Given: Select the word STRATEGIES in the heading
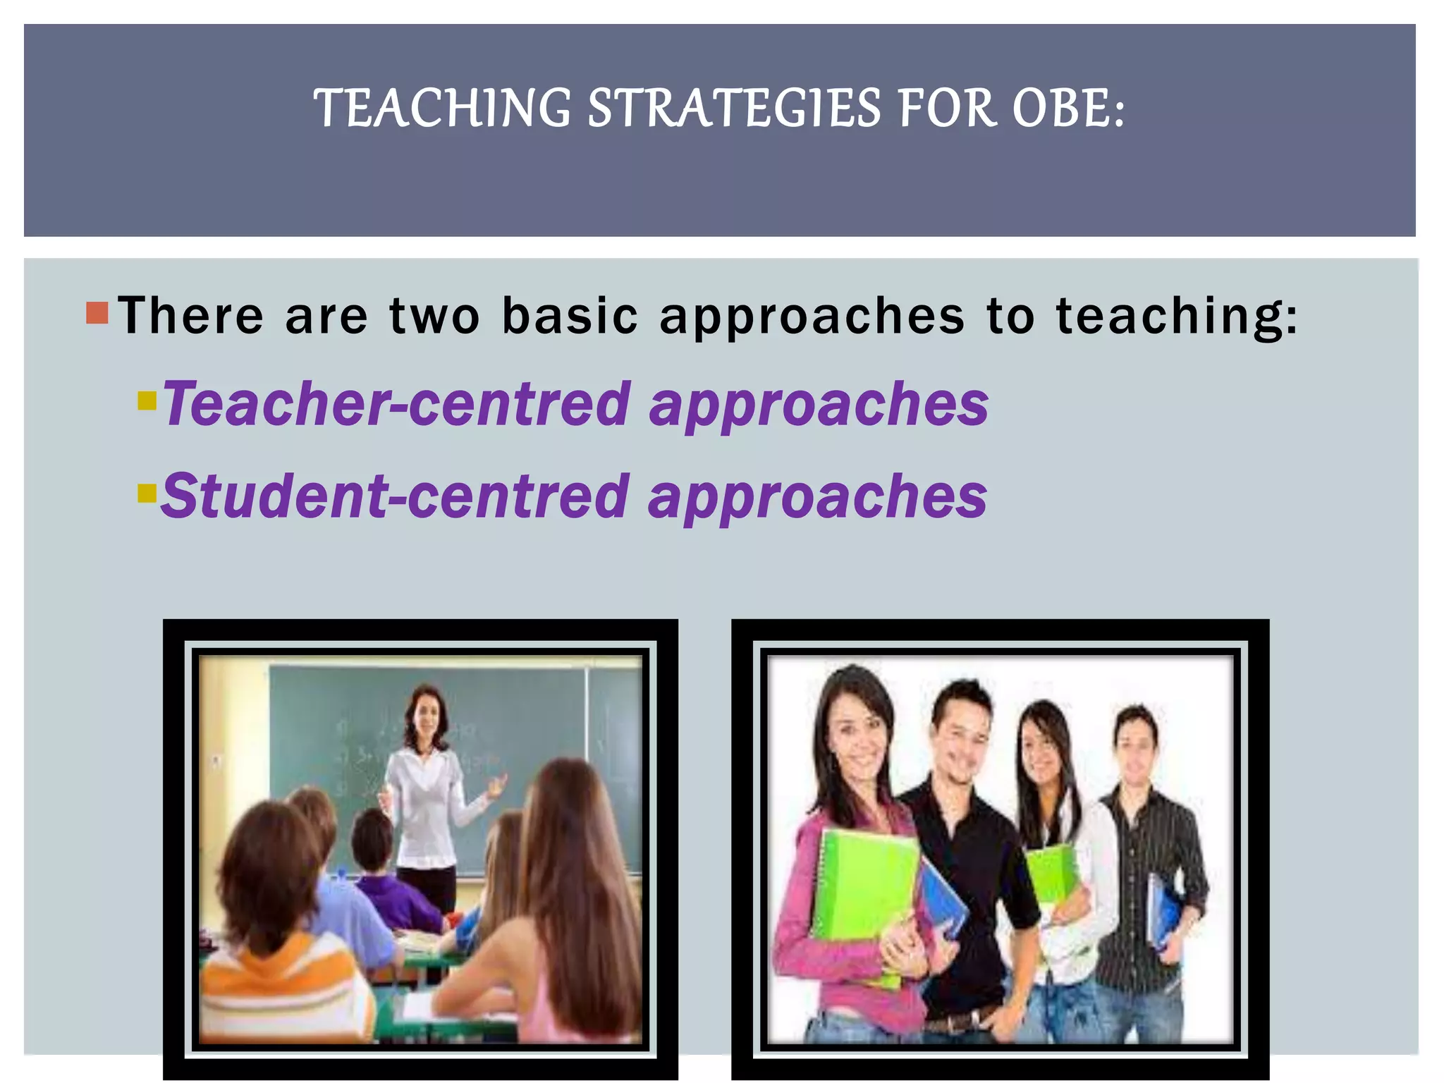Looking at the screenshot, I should pos(734,109).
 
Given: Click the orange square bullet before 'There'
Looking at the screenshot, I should pos(97,312).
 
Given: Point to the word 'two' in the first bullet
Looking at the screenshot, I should pos(434,315).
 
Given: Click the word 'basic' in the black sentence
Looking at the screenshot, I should pos(570,315).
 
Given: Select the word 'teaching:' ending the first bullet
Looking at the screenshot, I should pos(1176,317).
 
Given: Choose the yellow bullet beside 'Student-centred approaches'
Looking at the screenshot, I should pos(147,492).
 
